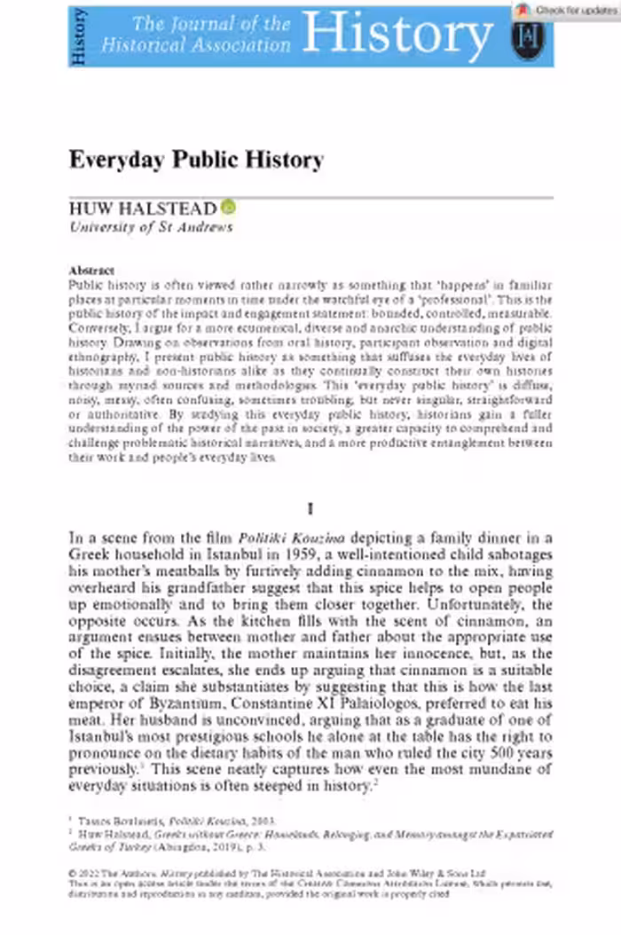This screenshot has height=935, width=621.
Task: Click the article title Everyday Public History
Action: point(196,161)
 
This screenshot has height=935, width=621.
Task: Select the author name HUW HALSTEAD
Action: point(143,209)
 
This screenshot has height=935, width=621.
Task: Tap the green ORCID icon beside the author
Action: point(228,208)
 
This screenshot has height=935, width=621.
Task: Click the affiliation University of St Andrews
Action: point(151,227)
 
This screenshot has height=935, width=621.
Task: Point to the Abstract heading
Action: point(91,271)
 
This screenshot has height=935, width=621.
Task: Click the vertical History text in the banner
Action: point(78,35)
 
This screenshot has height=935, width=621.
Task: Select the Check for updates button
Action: point(568,11)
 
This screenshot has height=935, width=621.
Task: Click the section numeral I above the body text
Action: point(310,509)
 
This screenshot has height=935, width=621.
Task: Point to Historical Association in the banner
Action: point(196,44)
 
